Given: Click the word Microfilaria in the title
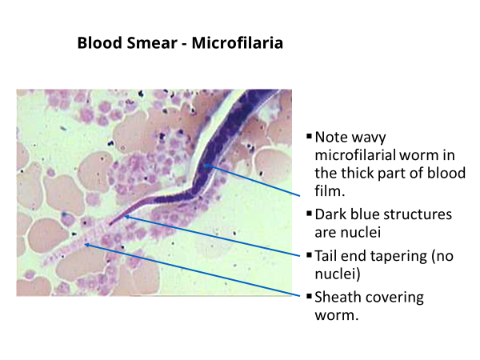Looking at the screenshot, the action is (238, 42).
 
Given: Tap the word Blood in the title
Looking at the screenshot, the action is (100, 42).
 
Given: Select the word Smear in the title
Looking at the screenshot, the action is (152, 42).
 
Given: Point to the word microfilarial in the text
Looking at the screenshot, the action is (355, 155).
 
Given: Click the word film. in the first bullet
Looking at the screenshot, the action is (330, 191).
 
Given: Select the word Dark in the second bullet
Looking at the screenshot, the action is (330, 214).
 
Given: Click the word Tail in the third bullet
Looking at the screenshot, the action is (326, 256).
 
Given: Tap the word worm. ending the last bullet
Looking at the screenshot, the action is (337, 315).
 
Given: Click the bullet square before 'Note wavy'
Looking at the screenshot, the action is (309, 136).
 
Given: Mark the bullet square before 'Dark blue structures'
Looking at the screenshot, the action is (309, 213).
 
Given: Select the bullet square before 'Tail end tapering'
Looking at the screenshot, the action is (309, 254).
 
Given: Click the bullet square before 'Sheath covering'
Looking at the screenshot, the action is (309, 296).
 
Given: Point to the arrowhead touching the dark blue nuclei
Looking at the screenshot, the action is (207, 166).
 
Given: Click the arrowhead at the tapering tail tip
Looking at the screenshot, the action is (127, 217).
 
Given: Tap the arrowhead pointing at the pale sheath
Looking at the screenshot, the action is (87, 245).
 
